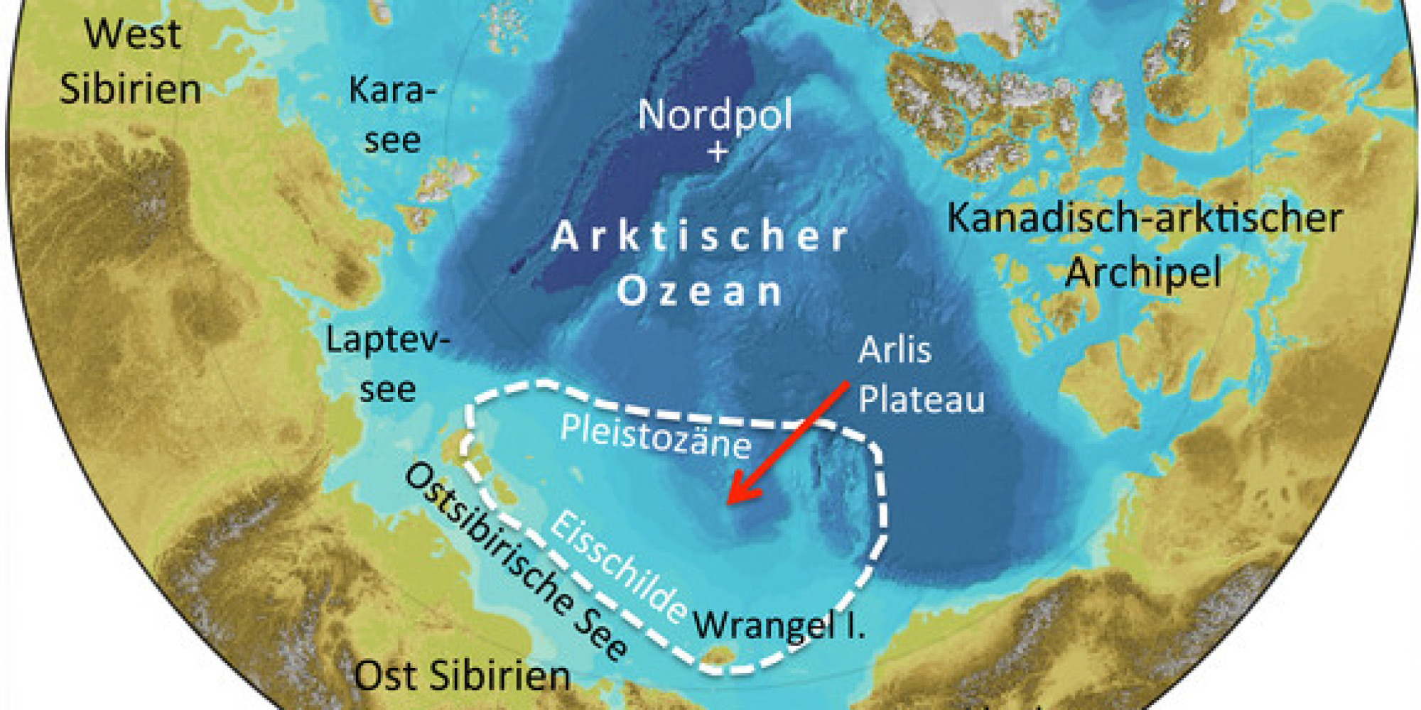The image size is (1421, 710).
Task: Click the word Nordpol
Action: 715,115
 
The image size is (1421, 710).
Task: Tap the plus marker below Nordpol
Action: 718,152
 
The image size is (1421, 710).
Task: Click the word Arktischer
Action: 701,236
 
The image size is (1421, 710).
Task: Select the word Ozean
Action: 701,292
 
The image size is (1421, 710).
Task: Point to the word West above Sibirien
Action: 133,34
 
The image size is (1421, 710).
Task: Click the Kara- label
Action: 393,91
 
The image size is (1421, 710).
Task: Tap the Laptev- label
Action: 388,341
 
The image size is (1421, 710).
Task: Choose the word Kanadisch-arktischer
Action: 1145,218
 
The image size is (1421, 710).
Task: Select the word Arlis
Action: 895,350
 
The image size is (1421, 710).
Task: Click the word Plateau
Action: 922,399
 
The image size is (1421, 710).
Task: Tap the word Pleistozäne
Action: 655,436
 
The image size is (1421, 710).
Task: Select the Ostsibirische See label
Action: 515,561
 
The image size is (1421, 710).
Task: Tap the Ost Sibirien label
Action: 462,676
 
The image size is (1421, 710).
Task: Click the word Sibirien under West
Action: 130,89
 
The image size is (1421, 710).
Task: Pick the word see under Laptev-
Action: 387,389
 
